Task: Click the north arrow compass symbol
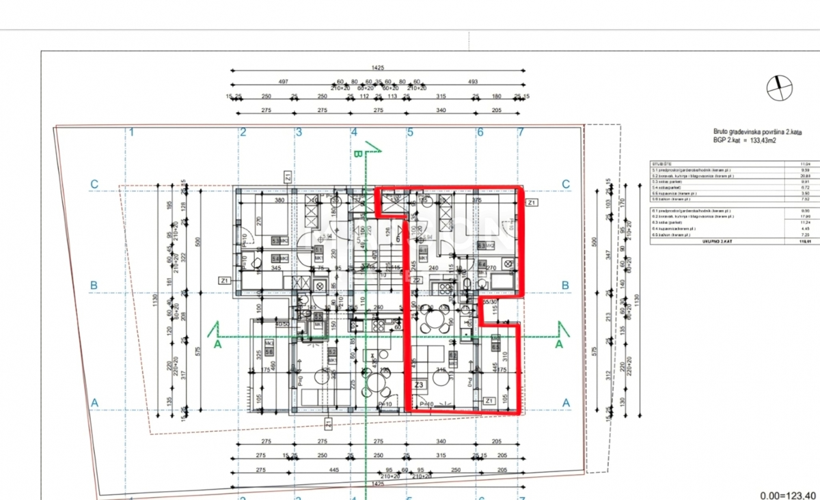(x=779, y=87)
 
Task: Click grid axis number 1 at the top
(x=132, y=133)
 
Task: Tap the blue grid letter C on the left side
(x=95, y=184)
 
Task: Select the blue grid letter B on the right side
(x=565, y=285)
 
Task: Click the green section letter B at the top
(x=357, y=155)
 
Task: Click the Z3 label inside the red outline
(x=420, y=385)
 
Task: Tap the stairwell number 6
(x=398, y=239)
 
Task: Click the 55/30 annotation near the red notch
(x=489, y=301)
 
